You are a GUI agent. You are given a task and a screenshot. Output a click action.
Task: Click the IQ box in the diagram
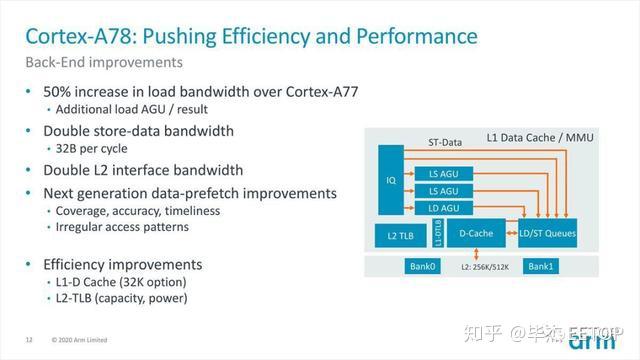coord(390,181)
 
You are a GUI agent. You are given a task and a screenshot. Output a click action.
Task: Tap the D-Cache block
coord(477,234)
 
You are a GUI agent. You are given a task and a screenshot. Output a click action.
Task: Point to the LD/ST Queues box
coord(548,234)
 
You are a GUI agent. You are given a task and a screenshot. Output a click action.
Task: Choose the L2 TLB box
coord(401,235)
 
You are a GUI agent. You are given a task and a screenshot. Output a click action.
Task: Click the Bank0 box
coord(421,266)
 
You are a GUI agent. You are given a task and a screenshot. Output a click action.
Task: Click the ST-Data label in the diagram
coord(445,142)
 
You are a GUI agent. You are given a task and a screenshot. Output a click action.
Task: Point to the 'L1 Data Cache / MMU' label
coord(539,135)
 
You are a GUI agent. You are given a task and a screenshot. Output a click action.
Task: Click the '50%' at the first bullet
coord(59,92)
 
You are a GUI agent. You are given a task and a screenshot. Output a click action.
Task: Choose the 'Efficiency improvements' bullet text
coord(122,264)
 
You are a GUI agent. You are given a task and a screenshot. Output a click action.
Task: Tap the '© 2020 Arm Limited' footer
coord(88,340)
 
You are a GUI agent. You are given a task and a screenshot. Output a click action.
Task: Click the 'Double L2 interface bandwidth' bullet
coord(143,169)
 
